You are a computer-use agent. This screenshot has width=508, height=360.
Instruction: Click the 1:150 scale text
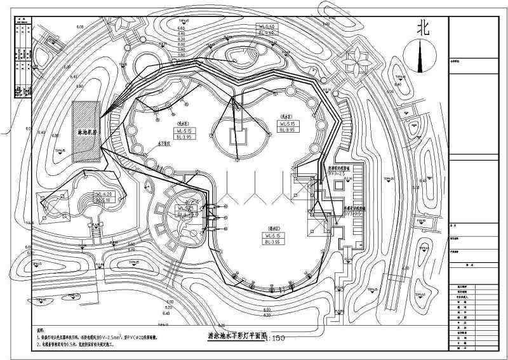point(277,338)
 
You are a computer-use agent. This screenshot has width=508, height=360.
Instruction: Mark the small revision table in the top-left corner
point(23,57)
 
